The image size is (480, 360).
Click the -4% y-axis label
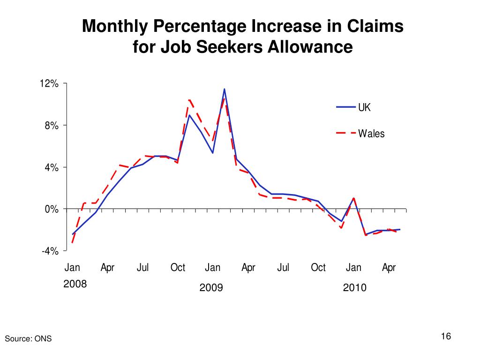[x=50, y=251]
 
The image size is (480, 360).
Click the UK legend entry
[x=364, y=107]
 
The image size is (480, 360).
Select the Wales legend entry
[x=371, y=134]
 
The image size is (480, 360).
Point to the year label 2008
[x=75, y=284]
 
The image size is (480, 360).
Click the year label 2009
[x=211, y=287]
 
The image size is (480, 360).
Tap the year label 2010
[x=354, y=287]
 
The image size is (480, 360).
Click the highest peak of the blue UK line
[x=225, y=89]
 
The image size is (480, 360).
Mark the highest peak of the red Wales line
[x=189, y=100]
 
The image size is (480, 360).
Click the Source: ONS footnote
[x=28, y=339]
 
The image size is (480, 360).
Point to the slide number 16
[x=445, y=337]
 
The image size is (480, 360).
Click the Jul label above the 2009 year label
[x=283, y=268]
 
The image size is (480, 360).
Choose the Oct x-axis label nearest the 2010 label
[x=318, y=268]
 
